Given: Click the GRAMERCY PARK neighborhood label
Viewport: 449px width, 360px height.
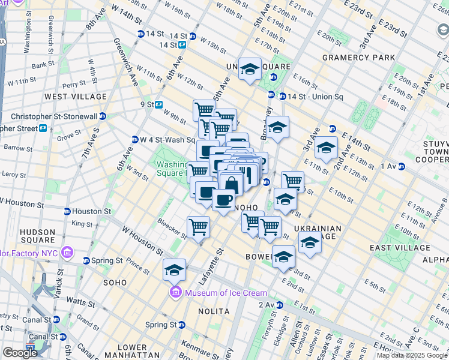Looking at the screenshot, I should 358,58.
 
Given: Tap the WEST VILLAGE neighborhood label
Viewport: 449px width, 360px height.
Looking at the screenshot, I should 76,96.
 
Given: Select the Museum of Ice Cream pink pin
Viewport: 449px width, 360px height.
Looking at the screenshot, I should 176,293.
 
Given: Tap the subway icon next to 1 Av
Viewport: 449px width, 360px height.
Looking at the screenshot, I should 402,166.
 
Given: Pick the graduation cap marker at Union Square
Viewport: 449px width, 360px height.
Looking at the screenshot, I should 250,70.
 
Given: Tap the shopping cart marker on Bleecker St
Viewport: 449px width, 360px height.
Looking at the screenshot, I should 198,227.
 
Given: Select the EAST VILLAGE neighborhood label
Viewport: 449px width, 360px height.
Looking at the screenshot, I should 400,248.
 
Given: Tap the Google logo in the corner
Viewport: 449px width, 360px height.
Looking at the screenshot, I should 20,353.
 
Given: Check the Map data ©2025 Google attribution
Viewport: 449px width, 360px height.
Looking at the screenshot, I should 412,355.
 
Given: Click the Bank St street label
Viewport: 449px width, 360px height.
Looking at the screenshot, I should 43,65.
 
